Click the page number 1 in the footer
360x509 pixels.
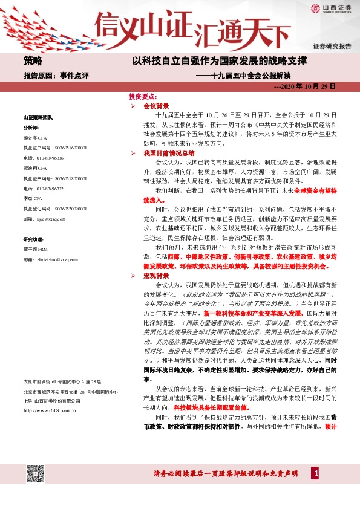[315, 473]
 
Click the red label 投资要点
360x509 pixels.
[142, 97]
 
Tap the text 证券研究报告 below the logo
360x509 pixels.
[332, 46]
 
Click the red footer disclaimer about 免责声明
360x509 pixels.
[227, 473]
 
